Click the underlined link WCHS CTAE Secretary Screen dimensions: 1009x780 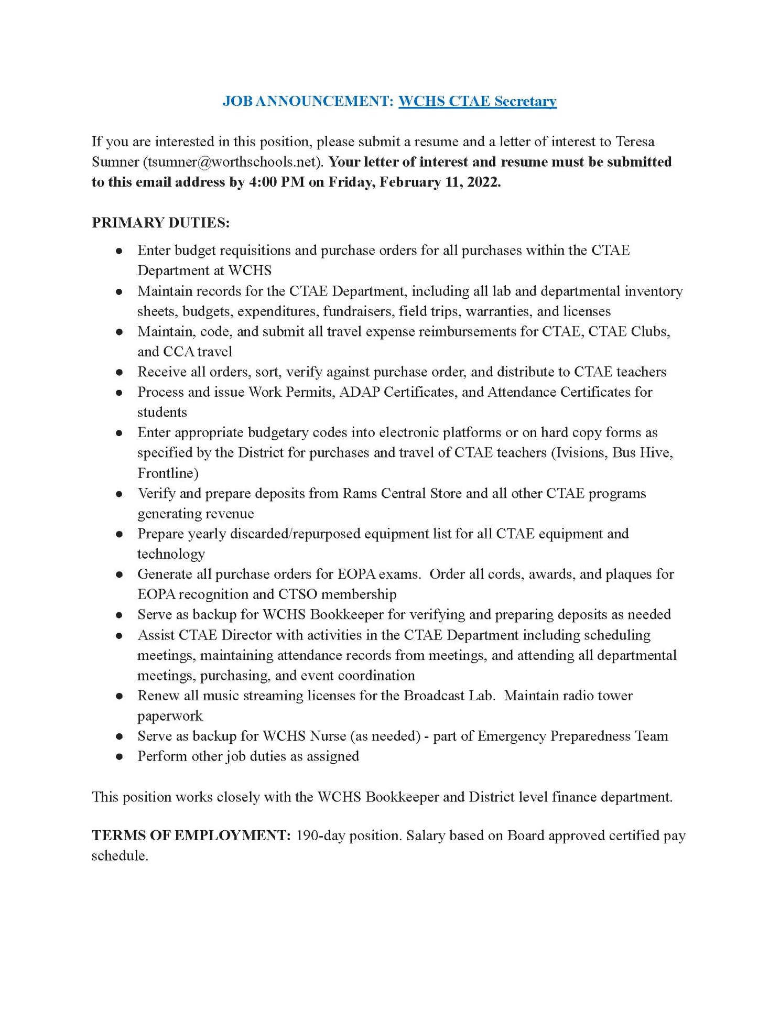pyautogui.click(x=477, y=101)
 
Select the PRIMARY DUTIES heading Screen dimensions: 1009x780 pyautogui.click(x=160, y=222)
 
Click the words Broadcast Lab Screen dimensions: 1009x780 pyautogui.click(x=449, y=696)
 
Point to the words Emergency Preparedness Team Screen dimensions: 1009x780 pyautogui.click(x=572, y=736)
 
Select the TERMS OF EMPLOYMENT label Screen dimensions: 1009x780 pyautogui.click(x=191, y=836)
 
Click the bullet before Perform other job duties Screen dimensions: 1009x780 pyautogui.click(x=120, y=757)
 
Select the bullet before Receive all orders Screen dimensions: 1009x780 pyautogui.click(x=120, y=373)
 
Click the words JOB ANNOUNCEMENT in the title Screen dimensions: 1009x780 pyautogui.click(x=308, y=101)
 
